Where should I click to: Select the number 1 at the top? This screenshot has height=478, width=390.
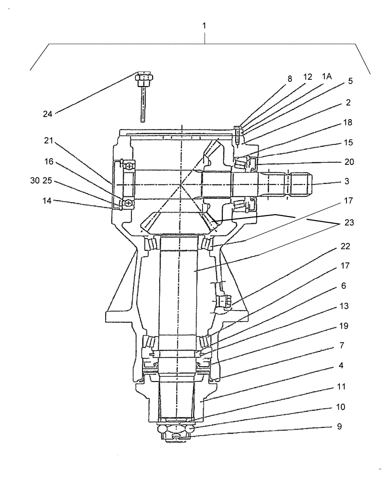pos(205,25)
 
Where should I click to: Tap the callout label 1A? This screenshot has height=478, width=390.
pos(326,76)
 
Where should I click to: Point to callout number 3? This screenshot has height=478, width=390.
pos(347,182)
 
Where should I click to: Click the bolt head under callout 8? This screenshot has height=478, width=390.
pos(238,129)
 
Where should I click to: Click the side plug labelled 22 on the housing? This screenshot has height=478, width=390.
pos(224,302)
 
